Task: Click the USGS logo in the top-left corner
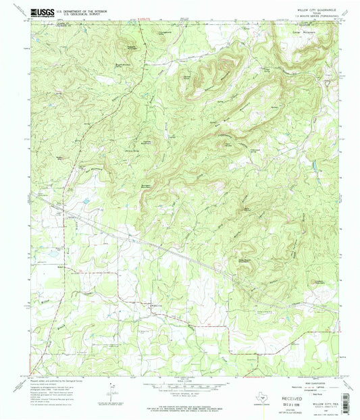(42, 13)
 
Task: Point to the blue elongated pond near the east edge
(313, 164)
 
